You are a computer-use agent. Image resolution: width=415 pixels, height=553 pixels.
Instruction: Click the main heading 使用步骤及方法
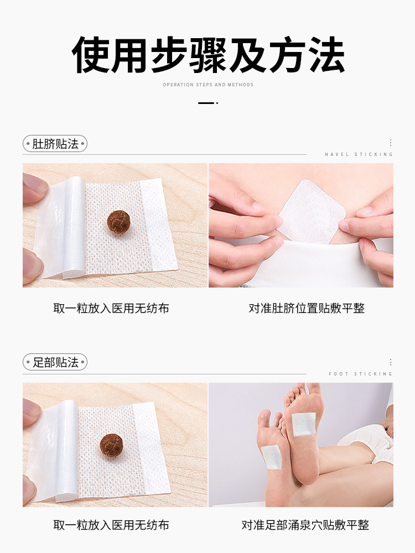[208, 55]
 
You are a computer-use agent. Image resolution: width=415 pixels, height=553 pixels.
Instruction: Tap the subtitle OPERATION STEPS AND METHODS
[208, 85]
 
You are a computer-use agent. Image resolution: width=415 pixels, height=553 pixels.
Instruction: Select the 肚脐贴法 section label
[55, 144]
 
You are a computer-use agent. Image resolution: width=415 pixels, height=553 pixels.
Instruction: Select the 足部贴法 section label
[55, 362]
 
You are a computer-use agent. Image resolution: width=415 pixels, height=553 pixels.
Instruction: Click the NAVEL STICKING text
[359, 154]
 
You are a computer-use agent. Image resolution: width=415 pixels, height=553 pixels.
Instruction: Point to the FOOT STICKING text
[361, 374]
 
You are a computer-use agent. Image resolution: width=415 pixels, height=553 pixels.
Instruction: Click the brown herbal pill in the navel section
[118, 222]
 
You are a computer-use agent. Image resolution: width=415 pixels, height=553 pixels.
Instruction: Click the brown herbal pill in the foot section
[112, 445]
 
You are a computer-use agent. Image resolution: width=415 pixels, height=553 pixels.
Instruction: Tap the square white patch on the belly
[310, 212]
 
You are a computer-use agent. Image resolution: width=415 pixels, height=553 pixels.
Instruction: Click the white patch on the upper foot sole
[304, 424]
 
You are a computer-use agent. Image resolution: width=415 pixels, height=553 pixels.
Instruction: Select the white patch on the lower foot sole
[271, 457]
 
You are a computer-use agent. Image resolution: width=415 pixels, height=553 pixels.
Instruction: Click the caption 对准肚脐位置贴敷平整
[307, 308]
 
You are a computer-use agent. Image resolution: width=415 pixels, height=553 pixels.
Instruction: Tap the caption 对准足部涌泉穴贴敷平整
[305, 525]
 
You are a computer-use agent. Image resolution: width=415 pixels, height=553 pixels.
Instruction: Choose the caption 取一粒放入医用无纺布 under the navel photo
[111, 308]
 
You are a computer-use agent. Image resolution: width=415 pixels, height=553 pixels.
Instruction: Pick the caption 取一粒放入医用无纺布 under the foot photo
[111, 525]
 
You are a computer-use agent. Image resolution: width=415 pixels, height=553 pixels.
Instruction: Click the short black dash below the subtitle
[206, 103]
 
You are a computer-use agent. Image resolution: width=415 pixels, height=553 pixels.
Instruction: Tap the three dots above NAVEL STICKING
[390, 143]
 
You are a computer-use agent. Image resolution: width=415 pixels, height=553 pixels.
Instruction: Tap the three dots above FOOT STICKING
[390, 362]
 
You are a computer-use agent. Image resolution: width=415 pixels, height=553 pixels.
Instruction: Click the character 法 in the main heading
[327, 55]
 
